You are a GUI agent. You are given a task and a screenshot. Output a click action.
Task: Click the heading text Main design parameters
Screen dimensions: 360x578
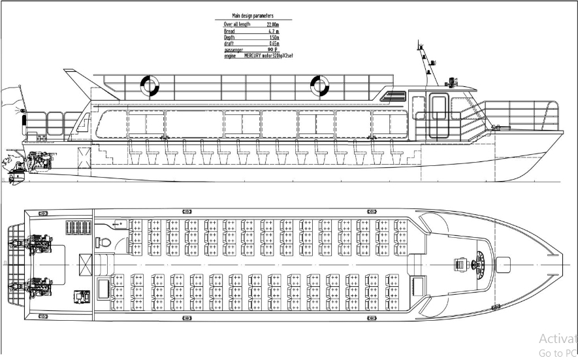(x=252, y=15)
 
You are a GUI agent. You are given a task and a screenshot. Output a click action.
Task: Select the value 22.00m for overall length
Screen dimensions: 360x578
(x=264, y=24)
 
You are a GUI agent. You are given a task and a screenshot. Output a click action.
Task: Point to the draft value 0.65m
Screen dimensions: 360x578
(x=265, y=44)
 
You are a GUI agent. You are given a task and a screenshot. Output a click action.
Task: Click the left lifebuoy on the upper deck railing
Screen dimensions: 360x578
(x=150, y=85)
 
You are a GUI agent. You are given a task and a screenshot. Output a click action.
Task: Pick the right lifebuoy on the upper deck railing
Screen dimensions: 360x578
(x=319, y=85)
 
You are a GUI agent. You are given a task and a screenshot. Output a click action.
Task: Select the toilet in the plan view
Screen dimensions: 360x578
(x=106, y=241)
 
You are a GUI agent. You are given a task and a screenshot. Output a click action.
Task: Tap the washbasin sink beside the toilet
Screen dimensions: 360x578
(x=120, y=223)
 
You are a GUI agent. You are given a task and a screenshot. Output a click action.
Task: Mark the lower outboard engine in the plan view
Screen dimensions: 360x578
(x=39, y=286)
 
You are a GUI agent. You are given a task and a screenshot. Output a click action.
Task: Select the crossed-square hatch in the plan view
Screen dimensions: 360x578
(x=86, y=265)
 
